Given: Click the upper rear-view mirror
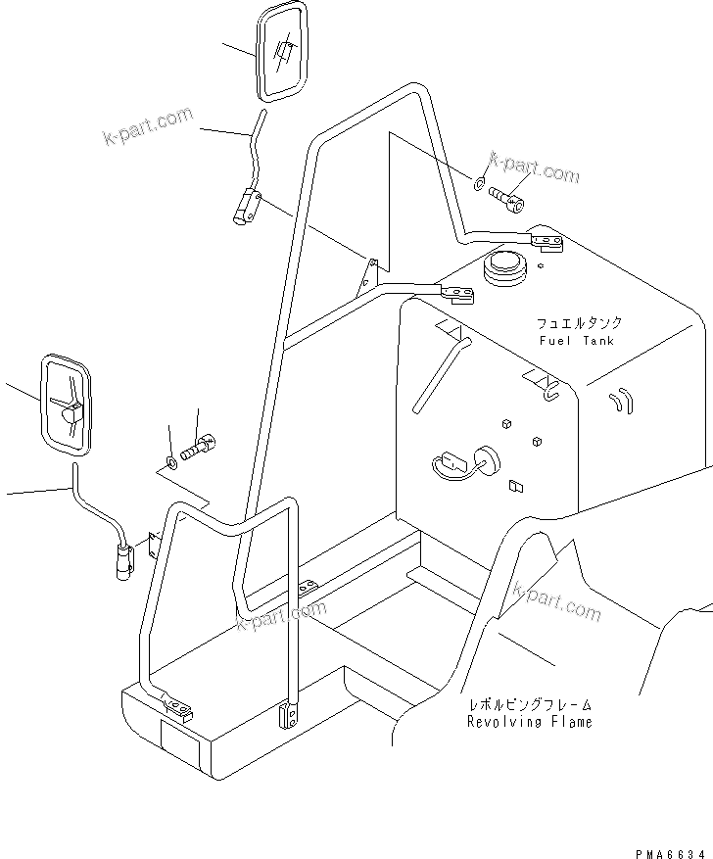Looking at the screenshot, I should tap(282, 51).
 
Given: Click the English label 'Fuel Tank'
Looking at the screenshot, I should tap(576, 340).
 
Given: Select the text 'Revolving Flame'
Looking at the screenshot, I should tap(529, 722).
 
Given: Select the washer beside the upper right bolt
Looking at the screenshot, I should tap(478, 183).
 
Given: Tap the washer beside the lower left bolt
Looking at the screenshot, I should tap(173, 460).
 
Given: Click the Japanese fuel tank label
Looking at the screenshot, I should tap(578, 322).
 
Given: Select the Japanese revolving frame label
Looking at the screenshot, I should tap(529, 704).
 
